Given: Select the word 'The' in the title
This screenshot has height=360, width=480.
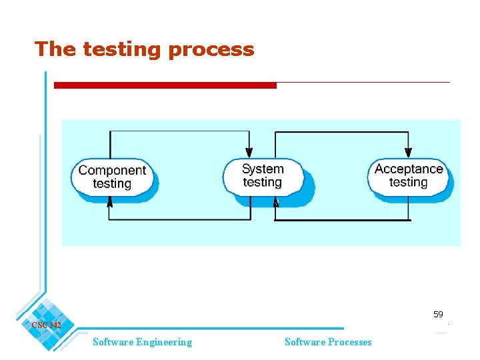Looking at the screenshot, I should click(x=55, y=49).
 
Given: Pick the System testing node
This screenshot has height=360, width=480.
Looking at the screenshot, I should click(x=263, y=176).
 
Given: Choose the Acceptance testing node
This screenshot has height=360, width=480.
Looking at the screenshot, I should click(x=409, y=175).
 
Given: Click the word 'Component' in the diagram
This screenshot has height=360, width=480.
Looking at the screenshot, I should click(x=112, y=170).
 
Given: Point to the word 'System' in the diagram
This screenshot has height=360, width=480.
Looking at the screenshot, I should click(x=263, y=169).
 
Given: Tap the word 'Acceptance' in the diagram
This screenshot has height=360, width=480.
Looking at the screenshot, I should click(x=409, y=169).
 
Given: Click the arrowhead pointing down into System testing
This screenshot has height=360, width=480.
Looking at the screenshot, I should click(x=249, y=153).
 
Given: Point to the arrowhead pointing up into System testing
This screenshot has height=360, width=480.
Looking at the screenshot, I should click(x=275, y=201).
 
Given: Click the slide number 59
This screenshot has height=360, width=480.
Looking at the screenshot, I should click(x=438, y=314).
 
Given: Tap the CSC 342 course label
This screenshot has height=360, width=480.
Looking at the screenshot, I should click(x=46, y=325).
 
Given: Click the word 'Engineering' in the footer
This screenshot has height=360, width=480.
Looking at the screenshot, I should click(x=164, y=342).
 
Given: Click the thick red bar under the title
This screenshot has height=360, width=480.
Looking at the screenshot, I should click(x=165, y=85).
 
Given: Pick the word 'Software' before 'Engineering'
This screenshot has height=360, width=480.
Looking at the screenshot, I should click(x=113, y=342).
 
